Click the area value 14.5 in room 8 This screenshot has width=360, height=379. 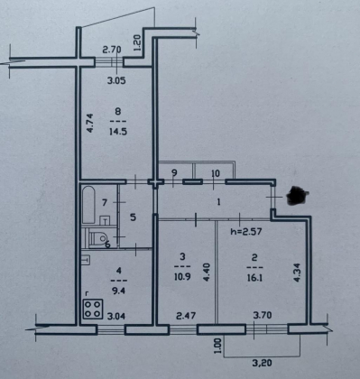(118, 132)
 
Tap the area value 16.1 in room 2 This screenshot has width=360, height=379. (254, 278)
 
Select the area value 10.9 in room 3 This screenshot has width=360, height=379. (182, 276)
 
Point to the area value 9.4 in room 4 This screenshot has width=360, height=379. (118, 291)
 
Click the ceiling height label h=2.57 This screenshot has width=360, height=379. (246, 231)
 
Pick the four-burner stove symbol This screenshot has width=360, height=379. (93, 309)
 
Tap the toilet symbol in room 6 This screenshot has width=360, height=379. (97, 238)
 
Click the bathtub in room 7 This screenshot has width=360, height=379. (88, 205)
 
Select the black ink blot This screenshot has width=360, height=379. (298, 196)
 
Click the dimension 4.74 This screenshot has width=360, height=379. (90, 123)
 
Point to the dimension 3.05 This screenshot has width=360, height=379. (116, 80)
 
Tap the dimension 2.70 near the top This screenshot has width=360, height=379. (112, 50)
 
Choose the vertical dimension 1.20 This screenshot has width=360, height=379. (137, 42)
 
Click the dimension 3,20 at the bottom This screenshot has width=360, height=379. (263, 363)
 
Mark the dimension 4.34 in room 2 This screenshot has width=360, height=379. (297, 273)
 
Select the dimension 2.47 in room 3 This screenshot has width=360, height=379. (186, 316)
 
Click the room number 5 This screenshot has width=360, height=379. (133, 217)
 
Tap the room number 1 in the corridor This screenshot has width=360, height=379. (218, 202)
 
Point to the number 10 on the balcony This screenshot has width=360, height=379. (216, 173)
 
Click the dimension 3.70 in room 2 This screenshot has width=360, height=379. (263, 315)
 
